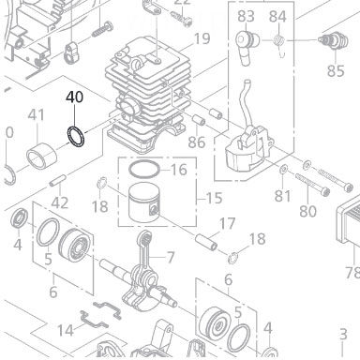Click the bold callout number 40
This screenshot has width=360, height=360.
click(x=74, y=97)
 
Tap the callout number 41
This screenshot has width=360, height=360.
click(x=37, y=115)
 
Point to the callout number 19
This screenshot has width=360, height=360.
click(x=202, y=38)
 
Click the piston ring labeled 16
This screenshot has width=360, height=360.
click(x=144, y=169)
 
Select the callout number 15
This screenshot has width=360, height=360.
click(x=214, y=198)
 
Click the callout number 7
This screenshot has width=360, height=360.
click(x=171, y=258)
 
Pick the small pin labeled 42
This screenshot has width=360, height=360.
click(x=58, y=180)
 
